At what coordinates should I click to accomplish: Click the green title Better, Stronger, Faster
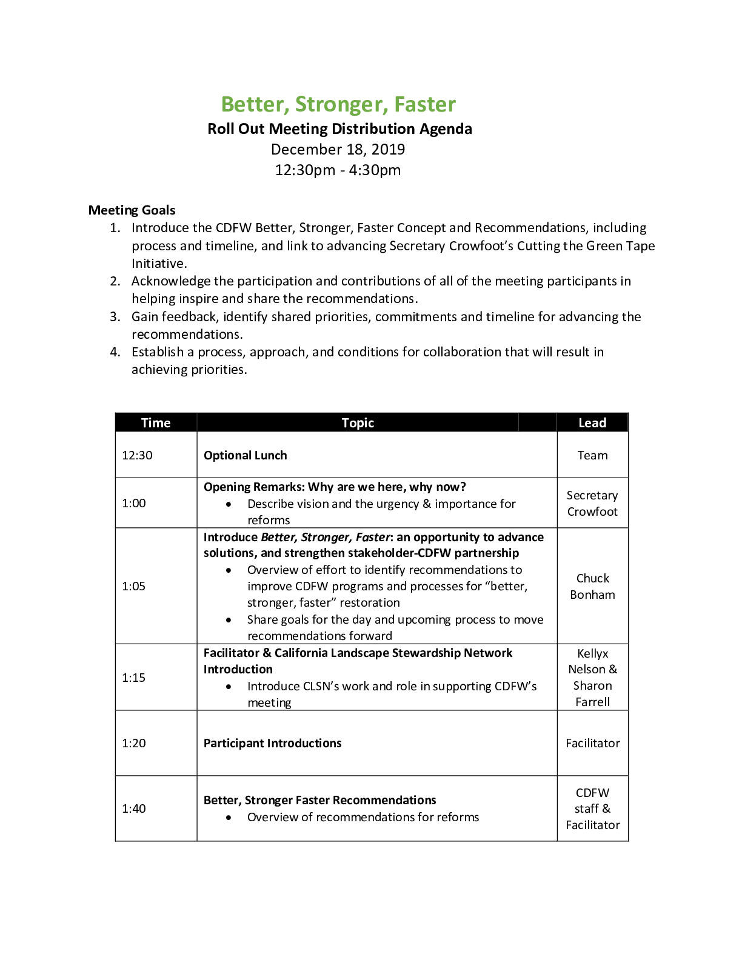(x=338, y=104)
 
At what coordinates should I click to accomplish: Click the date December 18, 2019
(x=338, y=149)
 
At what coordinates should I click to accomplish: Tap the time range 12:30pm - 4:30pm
(x=338, y=170)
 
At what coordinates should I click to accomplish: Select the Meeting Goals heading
(x=132, y=210)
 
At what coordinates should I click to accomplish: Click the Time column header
(x=156, y=422)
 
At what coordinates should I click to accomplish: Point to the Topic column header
(x=358, y=422)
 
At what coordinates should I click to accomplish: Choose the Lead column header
(x=592, y=422)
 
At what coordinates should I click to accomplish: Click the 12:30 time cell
(x=137, y=455)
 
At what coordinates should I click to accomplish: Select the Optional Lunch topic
(x=246, y=455)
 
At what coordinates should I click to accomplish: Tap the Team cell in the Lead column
(x=592, y=455)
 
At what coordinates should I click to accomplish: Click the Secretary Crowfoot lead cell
(x=592, y=503)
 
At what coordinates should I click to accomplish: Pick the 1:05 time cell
(x=133, y=586)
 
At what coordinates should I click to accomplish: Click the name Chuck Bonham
(x=592, y=586)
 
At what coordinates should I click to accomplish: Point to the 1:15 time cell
(x=133, y=678)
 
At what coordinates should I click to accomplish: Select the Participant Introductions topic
(x=272, y=743)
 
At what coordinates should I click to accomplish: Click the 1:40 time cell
(x=133, y=808)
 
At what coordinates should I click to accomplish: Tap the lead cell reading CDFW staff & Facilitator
(x=592, y=808)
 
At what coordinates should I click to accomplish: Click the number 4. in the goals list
(x=115, y=352)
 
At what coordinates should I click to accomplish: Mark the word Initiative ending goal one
(x=159, y=264)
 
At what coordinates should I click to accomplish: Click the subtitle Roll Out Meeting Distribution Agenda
(x=339, y=128)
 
